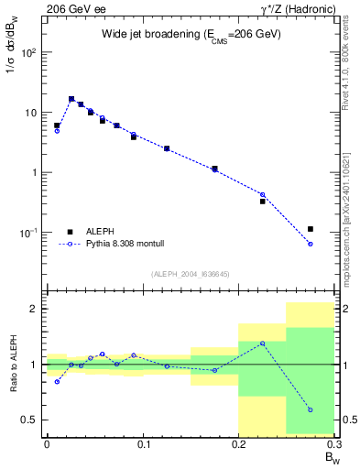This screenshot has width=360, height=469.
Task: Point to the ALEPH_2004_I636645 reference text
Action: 191,274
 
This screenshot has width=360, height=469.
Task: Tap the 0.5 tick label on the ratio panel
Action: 31,420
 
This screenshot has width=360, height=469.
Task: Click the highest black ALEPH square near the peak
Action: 71,99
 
